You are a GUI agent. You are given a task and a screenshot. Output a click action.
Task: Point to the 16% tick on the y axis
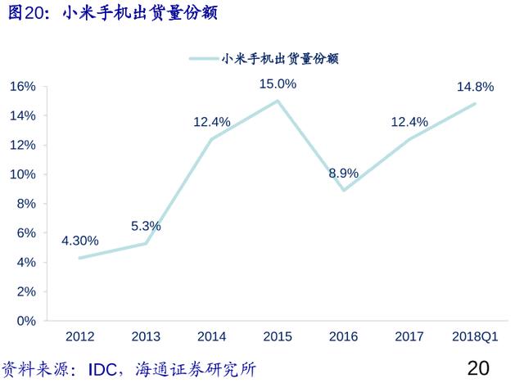tap(23, 87)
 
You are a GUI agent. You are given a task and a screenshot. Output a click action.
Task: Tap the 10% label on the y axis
tap(23, 174)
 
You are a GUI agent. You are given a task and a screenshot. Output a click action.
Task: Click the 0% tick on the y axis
tap(26, 321)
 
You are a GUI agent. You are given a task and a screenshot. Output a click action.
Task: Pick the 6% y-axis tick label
tap(26, 233)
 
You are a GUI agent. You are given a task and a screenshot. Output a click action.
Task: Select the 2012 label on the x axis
tap(79, 337)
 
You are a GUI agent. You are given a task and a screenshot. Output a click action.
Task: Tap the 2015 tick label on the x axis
tap(278, 337)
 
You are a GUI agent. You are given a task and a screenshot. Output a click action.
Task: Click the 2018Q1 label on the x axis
tap(475, 337)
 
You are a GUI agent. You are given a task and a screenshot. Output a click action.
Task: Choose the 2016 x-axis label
tap(343, 337)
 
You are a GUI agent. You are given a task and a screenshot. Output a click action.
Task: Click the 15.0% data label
tap(278, 83)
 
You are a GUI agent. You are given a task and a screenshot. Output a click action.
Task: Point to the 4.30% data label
tap(79, 241)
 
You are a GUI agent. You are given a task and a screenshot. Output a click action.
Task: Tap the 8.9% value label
tap(344, 173)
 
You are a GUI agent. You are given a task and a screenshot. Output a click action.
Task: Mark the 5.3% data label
tap(146, 226)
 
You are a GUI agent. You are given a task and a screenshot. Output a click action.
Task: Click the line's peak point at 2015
tap(278, 101)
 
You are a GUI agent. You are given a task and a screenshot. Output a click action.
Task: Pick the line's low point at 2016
tap(344, 191)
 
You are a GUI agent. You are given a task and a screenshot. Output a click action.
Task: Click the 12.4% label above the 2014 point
tap(212, 122)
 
